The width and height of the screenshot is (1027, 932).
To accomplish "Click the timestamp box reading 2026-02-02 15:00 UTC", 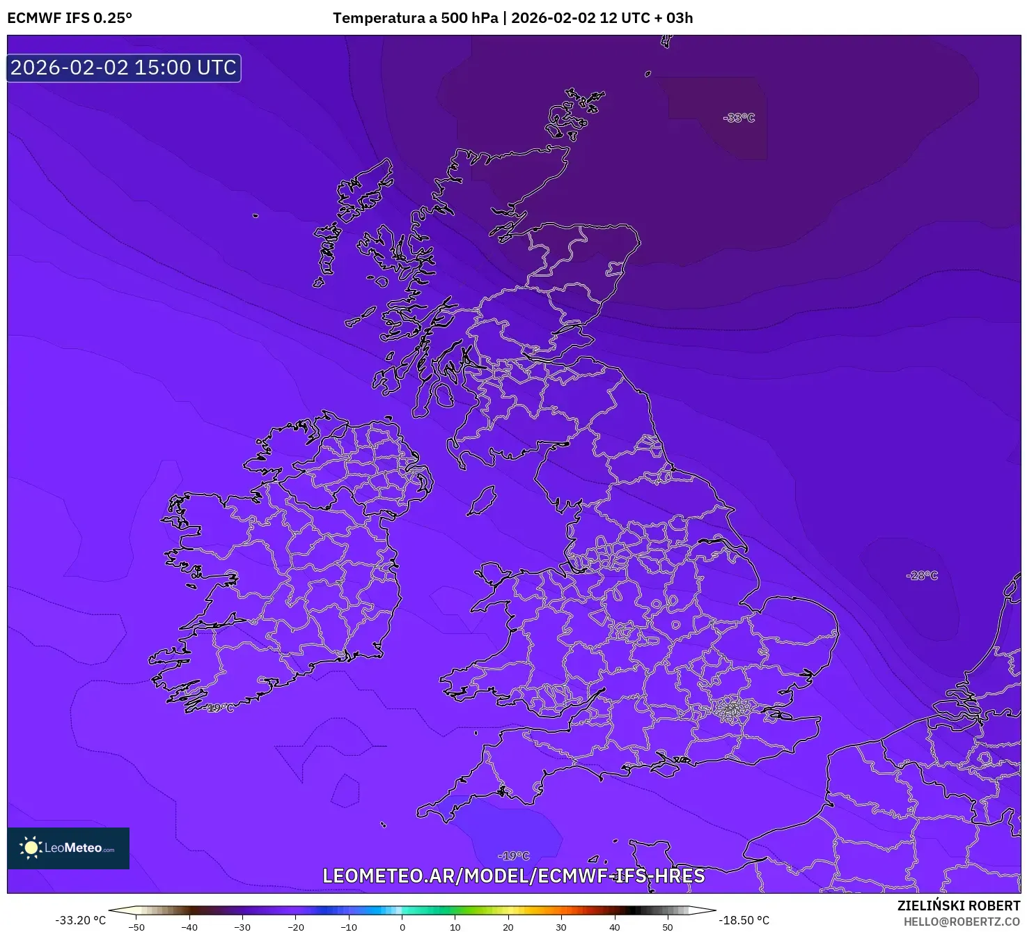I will tap(124, 68).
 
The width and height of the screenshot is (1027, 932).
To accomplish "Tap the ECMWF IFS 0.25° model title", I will tap(70, 18).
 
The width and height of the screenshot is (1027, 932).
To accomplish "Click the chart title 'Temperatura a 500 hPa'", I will tap(415, 18).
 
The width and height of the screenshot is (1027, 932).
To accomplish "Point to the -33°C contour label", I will tap(739, 118).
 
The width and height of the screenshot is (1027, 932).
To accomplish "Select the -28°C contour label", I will tap(922, 575).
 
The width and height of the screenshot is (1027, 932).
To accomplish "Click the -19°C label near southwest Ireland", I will tap(220, 708).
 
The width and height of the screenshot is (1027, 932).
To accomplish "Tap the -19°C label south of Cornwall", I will tap(514, 855).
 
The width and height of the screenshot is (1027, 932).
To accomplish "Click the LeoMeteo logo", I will tap(68, 848).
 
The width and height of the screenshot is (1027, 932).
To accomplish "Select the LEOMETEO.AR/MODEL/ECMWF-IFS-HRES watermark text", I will tap(514, 876).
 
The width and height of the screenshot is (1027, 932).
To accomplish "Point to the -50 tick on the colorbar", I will tap(136, 927).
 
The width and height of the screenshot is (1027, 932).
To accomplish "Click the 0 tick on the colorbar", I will tap(402, 927).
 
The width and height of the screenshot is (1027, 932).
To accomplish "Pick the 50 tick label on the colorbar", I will tap(667, 927).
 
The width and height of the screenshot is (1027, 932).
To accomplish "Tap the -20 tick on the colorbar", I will tap(296, 927).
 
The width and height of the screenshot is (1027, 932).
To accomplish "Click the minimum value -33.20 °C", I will tap(81, 920).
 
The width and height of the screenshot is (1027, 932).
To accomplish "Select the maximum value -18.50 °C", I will tap(744, 920).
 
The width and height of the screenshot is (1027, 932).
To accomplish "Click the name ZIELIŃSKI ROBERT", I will tap(959, 906).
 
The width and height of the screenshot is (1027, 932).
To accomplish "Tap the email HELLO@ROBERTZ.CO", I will tap(962, 922).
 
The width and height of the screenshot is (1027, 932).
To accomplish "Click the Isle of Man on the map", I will tap(482, 501).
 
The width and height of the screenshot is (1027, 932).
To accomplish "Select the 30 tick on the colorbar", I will tap(561, 927).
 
